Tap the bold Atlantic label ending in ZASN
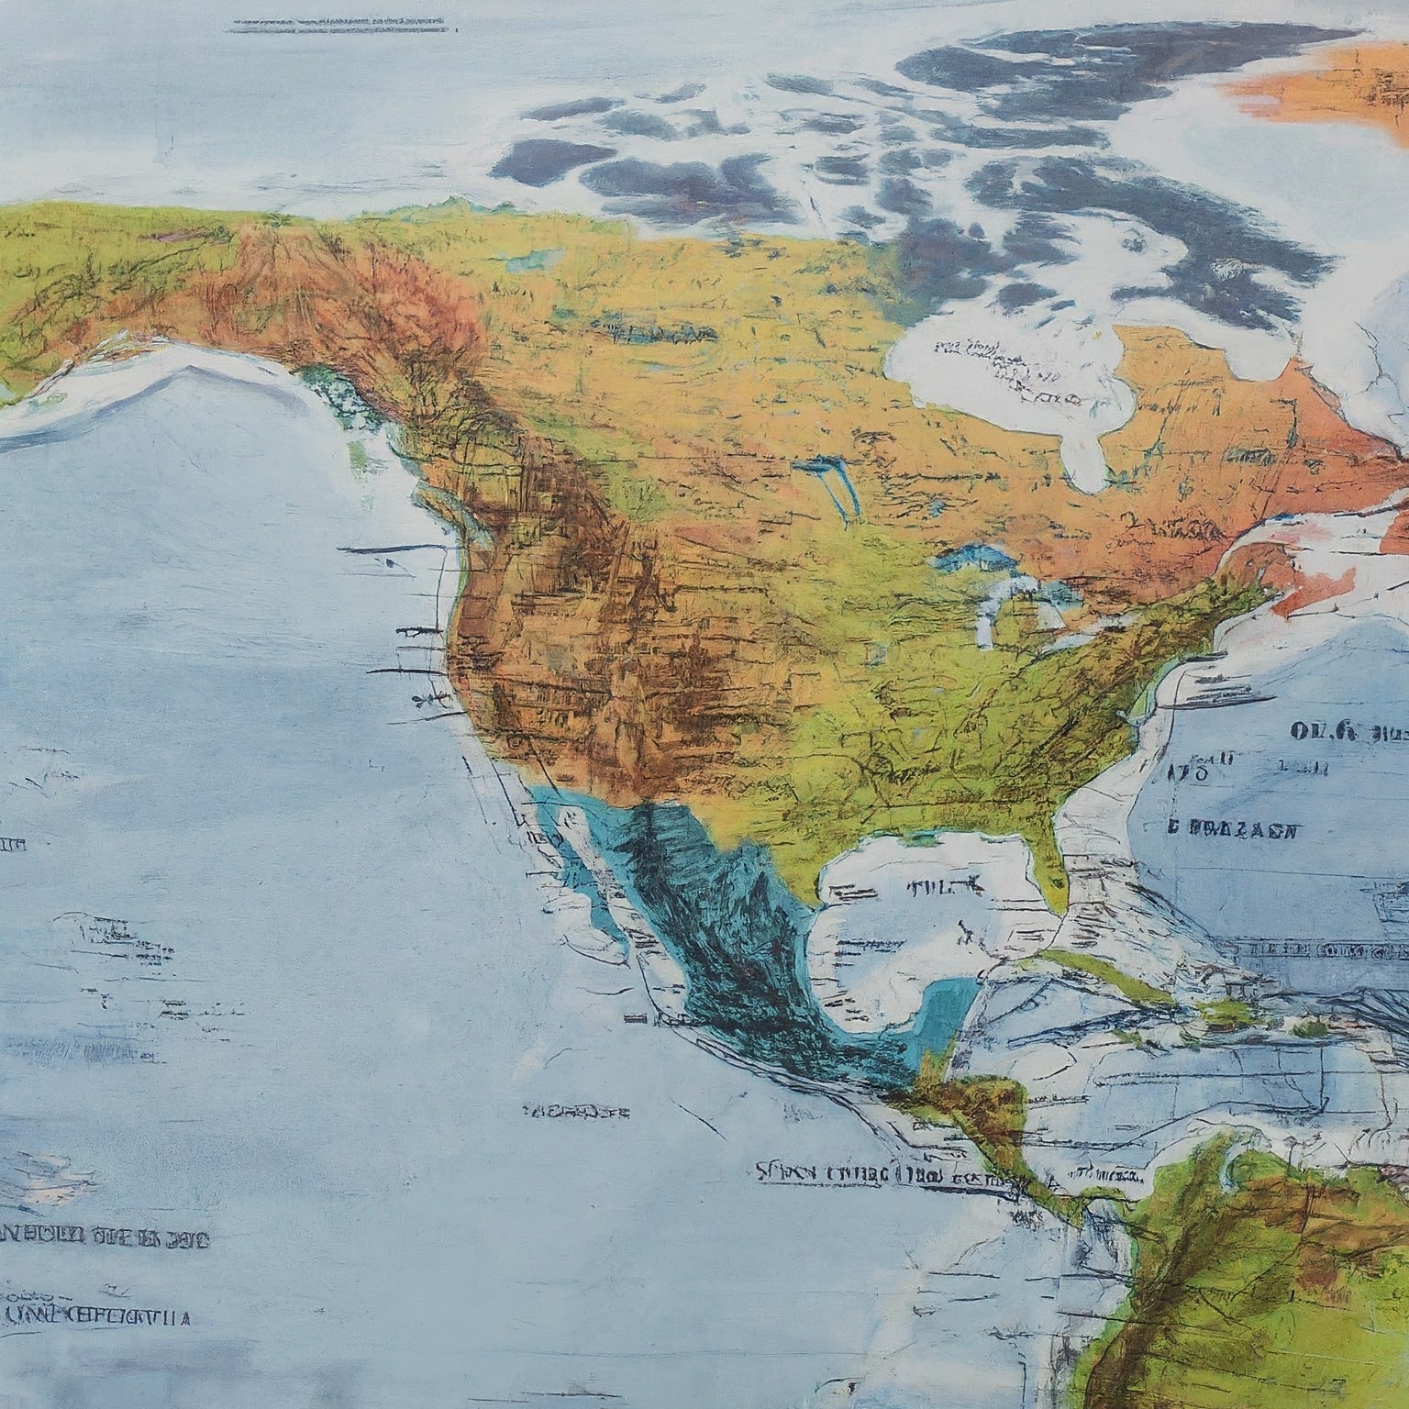pos(1234,830)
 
